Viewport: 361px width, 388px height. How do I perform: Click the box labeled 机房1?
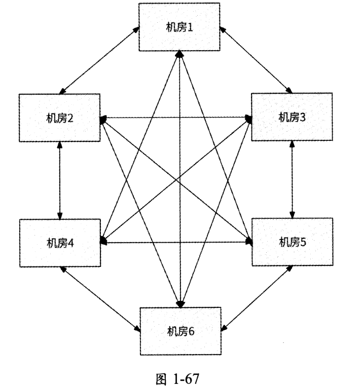click(181, 26)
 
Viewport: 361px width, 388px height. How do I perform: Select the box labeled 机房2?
click(60, 118)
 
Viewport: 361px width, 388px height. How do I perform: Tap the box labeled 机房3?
click(292, 117)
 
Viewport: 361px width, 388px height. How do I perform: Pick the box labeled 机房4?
click(60, 242)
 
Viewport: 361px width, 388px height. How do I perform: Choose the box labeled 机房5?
click(292, 241)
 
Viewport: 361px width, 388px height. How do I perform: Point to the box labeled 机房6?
click(181, 332)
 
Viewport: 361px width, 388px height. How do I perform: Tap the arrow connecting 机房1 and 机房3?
click(258, 60)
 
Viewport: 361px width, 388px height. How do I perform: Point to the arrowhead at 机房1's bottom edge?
click(181, 53)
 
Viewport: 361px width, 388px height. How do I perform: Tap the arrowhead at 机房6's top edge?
click(181, 304)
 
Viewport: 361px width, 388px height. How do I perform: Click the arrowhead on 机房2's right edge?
click(103, 119)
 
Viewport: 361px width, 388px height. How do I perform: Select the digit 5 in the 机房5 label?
click(303, 241)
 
